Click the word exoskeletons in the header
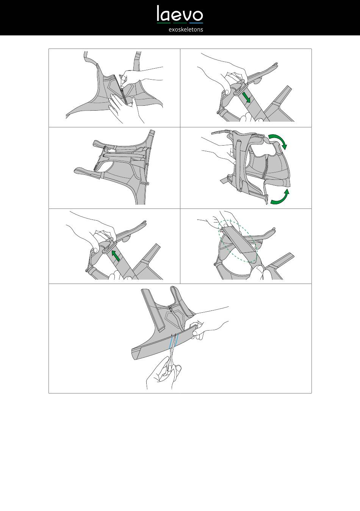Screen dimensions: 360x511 (x=186, y=30)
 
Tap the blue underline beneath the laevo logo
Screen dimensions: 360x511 (x=196, y=23)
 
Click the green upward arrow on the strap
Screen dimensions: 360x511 (x=116, y=255)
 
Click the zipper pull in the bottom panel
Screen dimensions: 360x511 (x=170, y=309)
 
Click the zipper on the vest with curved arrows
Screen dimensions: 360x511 (x=265, y=166)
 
